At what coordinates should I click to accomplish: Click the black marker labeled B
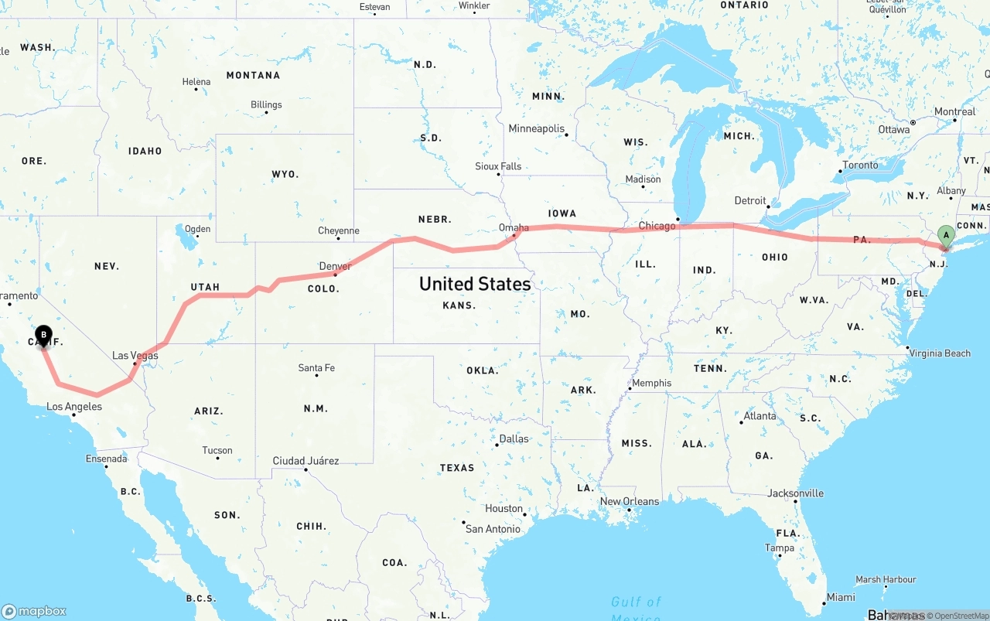point(44,336)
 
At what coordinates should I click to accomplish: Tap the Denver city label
point(335,266)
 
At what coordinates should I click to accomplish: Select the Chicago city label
point(657,226)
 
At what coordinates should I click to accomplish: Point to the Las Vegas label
point(135,356)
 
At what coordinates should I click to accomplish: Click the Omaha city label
point(514,227)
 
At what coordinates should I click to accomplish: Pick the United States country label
point(475,284)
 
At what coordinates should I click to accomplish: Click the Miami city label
point(841,597)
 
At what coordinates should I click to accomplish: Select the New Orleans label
point(630,501)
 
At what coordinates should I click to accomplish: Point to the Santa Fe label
point(316,367)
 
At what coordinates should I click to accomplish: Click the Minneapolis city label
point(536,128)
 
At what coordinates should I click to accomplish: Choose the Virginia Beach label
point(940,353)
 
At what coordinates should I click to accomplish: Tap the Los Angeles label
point(74,407)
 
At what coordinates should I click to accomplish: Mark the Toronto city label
point(860,165)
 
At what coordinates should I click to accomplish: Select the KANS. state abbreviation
point(459,305)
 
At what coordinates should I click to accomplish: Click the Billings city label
point(266,104)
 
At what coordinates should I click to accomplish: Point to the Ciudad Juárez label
point(306,461)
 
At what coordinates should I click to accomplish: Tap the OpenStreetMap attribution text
point(961,616)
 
